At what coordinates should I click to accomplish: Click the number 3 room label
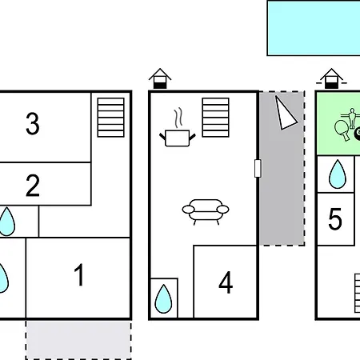point(33,123)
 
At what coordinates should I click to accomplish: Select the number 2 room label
point(33,186)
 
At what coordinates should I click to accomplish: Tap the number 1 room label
point(79,274)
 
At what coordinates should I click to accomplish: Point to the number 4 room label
point(226,282)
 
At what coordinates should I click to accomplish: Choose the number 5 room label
point(335,219)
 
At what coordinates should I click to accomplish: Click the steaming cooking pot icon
point(178,127)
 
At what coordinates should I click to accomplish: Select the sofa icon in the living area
point(206,212)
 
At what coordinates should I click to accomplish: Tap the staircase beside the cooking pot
point(215,118)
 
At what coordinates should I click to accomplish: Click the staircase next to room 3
point(111,118)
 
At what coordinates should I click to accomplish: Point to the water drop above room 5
point(338,174)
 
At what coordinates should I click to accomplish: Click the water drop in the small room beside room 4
point(163,299)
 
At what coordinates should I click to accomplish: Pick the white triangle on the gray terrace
point(285,114)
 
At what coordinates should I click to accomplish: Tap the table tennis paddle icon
point(342,130)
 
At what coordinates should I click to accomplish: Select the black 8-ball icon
point(358,134)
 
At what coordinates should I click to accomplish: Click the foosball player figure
point(352,118)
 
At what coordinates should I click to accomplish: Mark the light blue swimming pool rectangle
point(314,28)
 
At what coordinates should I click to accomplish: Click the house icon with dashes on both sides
point(331,78)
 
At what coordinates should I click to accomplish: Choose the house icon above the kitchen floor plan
point(160,78)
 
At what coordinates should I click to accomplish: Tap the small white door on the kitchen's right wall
point(258,168)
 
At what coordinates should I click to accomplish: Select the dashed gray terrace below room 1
point(78,340)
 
